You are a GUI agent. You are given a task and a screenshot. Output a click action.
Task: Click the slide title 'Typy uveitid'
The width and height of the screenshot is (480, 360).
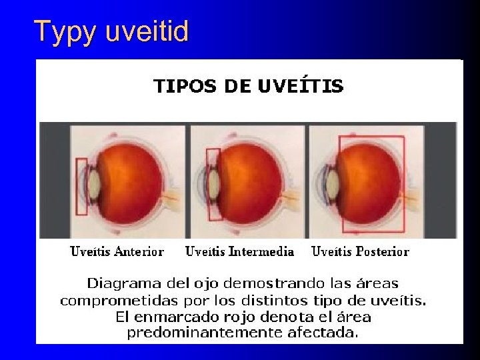coord(111,31)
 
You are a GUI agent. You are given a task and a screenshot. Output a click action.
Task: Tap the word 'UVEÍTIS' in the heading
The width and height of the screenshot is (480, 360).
coord(304,86)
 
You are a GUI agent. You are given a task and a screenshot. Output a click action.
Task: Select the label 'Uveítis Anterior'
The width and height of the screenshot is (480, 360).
coord(117,251)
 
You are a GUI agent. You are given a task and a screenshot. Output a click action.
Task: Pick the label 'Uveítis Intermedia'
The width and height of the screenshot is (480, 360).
coord(239,251)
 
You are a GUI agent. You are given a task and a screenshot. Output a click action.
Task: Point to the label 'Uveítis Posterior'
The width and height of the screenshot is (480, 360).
coord(360,251)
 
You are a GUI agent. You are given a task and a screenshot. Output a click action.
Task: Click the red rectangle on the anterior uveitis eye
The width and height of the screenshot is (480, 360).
coord(82,187)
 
